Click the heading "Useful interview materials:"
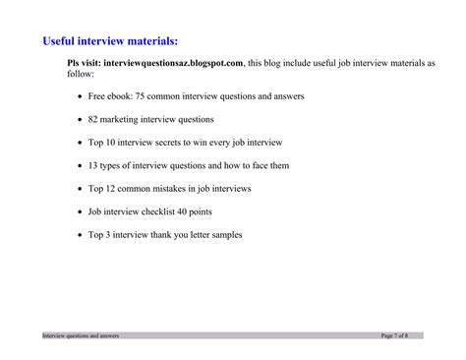(x=110, y=41)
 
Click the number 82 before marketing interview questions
(x=94, y=119)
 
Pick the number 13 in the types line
(x=94, y=164)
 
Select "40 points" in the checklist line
(x=197, y=210)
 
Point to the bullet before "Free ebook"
(x=79, y=97)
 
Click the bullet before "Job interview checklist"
(x=79, y=211)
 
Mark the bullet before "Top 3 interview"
(x=79, y=234)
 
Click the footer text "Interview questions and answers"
(x=81, y=335)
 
